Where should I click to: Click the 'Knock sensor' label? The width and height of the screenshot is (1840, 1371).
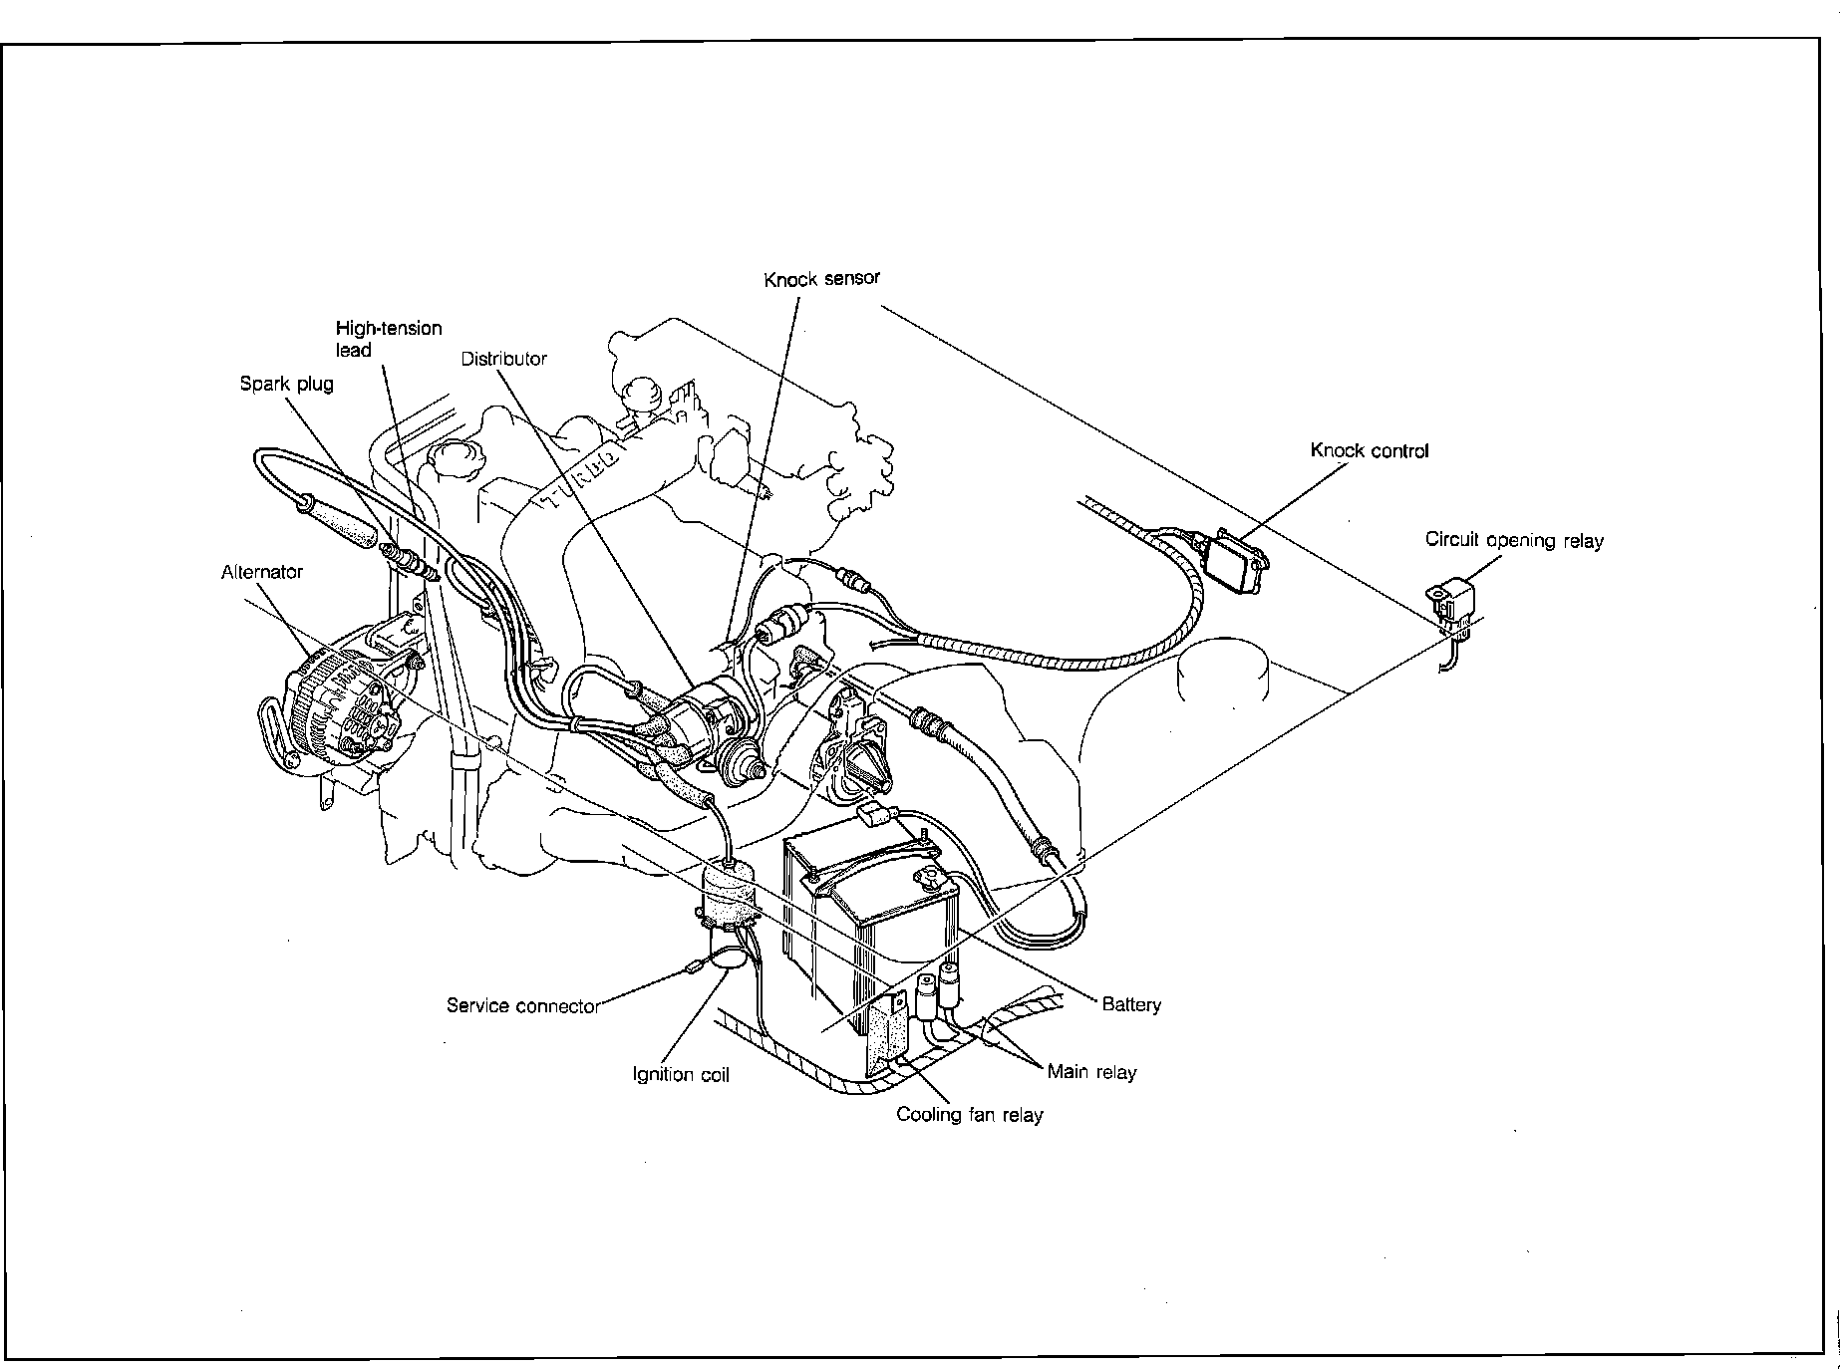tap(822, 279)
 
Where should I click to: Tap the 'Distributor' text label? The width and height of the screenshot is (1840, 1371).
tap(503, 359)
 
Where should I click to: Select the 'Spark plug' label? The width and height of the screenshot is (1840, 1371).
tap(286, 384)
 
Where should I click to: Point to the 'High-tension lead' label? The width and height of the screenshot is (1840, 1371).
tap(388, 339)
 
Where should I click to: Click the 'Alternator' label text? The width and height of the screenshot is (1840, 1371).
tap(261, 572)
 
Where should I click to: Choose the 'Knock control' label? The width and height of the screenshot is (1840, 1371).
tap(1369, 450)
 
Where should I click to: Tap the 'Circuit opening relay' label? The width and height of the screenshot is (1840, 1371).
tap(1513, 540)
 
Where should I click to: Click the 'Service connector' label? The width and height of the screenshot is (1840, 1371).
tap(522, 1005)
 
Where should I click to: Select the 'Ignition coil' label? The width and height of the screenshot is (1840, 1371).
tap(681, 1075)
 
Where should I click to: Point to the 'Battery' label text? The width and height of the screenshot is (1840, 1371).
tap(1131, 1004)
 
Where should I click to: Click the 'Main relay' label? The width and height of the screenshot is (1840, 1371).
tap(1091, 1072)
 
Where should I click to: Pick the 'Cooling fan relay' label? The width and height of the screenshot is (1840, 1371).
tap(969, 1114)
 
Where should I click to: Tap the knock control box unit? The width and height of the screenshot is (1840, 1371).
tap(1235, 560)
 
